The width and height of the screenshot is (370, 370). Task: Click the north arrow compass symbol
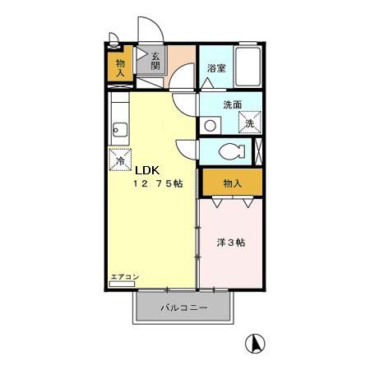click(x=256, y=343)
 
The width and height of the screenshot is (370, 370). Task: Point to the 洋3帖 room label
click(x=231, y=243)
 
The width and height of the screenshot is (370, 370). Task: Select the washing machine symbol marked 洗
click(x=249, y=121)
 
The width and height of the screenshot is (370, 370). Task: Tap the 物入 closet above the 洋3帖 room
click(x=233, y=183)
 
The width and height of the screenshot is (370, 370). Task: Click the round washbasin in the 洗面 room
click(x=210, y=126)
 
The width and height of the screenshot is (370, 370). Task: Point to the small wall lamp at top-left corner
click(x=113, y=37)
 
